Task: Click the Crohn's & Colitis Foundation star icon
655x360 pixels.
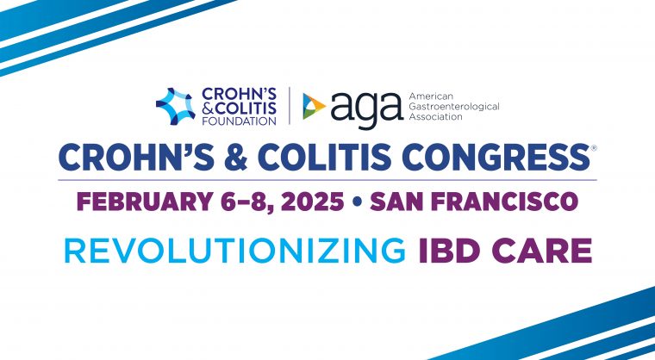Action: point(176,106)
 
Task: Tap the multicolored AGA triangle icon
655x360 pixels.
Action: point(314,106)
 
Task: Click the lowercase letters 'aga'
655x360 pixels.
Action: point(367,109)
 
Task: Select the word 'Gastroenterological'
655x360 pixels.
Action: point(454,107)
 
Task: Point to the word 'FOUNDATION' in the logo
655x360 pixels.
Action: point(239,121)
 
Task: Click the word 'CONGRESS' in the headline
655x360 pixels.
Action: point(495,157)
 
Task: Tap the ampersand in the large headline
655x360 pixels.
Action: point(235,157)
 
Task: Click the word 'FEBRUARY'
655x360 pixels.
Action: point(144,202)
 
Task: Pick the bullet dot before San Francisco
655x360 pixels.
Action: point(357,202)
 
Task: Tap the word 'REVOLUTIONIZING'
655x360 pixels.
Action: point(234,251)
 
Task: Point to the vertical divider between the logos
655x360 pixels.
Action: point(290,106)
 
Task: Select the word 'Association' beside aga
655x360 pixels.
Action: point(436,117)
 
